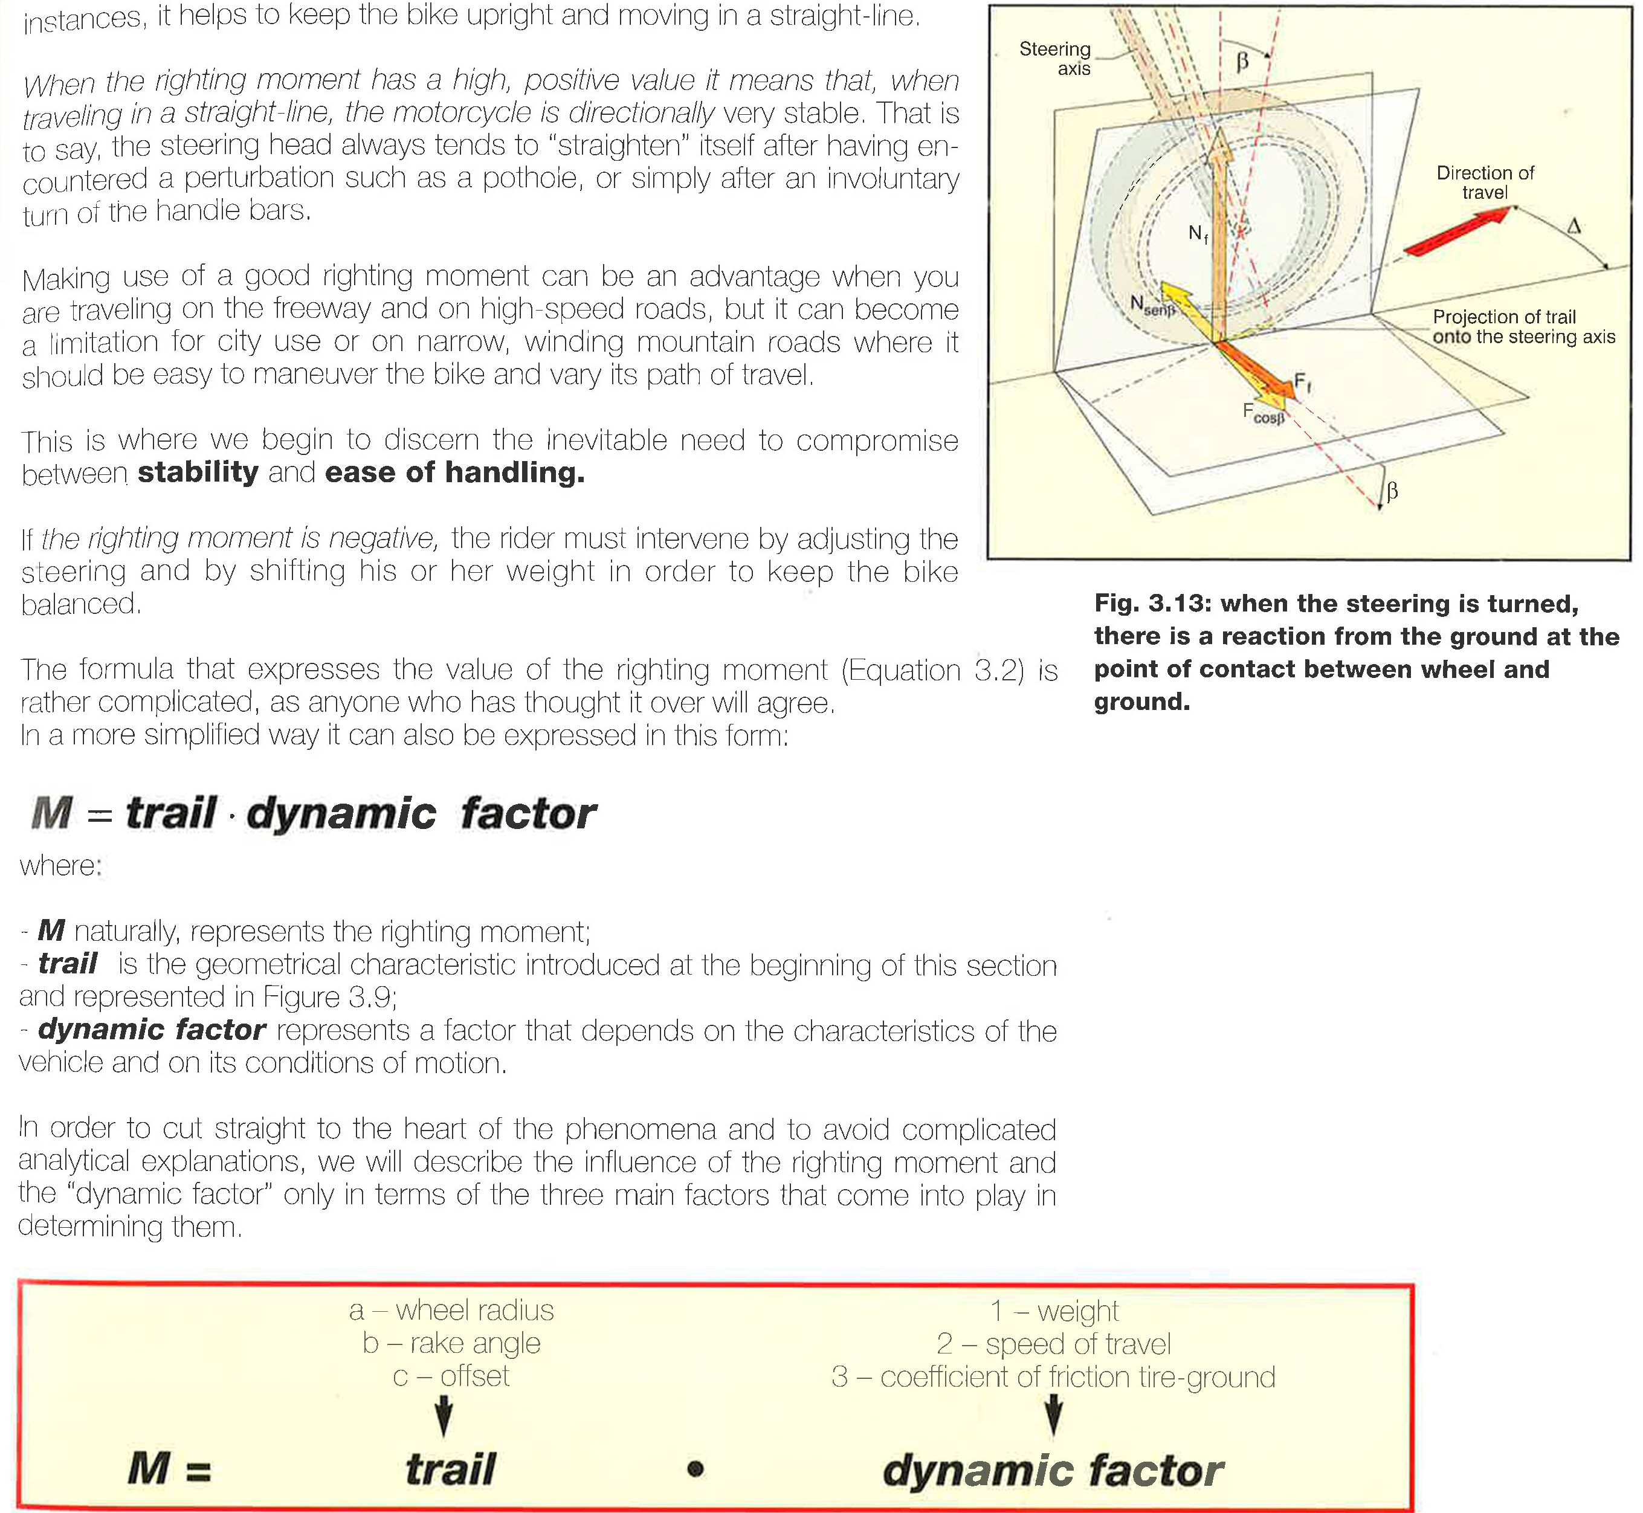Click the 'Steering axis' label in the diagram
point(1055,58)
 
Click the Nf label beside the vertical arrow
point(1198,234)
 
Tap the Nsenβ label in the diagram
point(1152,305)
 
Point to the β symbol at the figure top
point(1242,62)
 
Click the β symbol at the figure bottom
point(1392,491)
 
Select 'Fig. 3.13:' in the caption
point(1152,604)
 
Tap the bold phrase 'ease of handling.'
point(454,473)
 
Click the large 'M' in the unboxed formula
point(51,813)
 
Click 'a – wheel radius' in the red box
point(451,1311)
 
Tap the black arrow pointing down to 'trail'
point(443,1415)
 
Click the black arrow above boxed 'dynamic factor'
point(1054,1414)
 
